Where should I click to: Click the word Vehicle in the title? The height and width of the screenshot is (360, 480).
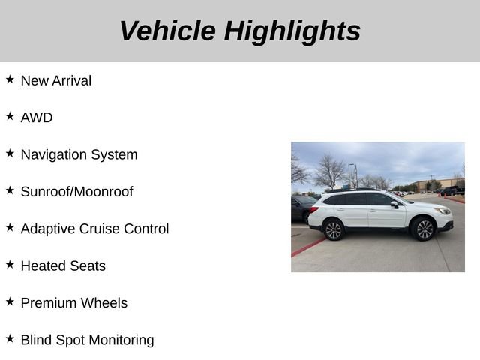pos(166,31)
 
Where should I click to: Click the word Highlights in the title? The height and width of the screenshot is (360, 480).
pos(292,31)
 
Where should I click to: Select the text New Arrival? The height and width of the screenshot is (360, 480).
pos(56,81)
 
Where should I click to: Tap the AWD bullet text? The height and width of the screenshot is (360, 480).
pos(37,118)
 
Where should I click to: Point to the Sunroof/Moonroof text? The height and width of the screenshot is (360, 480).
pos(76,192)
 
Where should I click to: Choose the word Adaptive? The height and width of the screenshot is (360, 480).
pos(48,229)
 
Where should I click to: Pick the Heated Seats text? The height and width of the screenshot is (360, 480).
pos(63,265)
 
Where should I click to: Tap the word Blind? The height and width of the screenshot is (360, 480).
pos(36,340)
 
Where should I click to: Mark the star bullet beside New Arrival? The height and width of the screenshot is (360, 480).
pos(10,79)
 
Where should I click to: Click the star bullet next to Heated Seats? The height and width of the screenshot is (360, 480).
pos(10,263)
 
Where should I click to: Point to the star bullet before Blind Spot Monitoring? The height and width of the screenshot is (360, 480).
pos(10,337)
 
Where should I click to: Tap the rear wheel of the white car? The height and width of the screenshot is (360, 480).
pos(334,229)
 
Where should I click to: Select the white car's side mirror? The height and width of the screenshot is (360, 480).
pos(394,205)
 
